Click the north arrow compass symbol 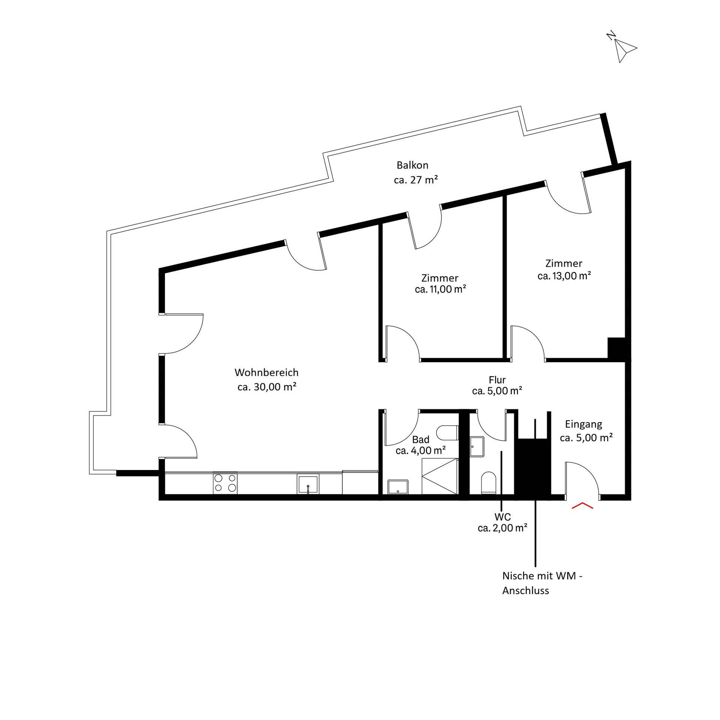(x=622, y=48)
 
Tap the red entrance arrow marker (x=582, y=505)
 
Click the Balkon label (x=412, y=165)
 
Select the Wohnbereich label (x=267, y=373)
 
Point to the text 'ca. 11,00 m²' (x=441, y=289)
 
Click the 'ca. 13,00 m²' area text (x=564, y=276)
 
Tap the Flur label (x=497, y=380)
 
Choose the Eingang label (x=583, y=425)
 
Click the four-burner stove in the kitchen (x=225, y=484)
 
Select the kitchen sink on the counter (x=308, y=484)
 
